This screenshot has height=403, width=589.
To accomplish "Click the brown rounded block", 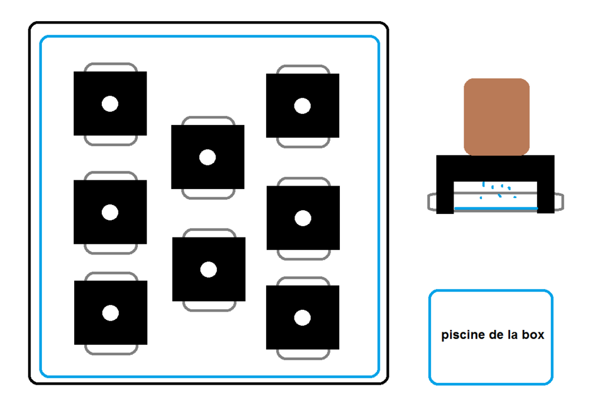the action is point(497,117).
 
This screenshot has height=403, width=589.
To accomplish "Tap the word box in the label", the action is point(533,334).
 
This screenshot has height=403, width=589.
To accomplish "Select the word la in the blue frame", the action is point(512,334).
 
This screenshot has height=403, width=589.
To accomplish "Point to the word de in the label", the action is point(498,334).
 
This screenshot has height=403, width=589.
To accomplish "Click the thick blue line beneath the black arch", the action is point(496,208).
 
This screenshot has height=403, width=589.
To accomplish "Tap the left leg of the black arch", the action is point(445,197).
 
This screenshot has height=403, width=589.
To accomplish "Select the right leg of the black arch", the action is point(546,197).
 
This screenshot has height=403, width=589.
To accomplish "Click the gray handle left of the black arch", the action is point(432,201).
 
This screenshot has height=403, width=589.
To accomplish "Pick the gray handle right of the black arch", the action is point(559,201).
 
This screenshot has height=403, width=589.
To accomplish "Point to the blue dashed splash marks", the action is point(498,190).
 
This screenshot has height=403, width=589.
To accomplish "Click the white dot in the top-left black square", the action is point(110,104).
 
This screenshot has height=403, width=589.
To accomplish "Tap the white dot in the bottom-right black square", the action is point(302,318).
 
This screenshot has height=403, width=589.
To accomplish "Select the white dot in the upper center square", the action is point(207,157).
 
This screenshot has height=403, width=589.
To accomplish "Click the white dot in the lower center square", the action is point(209,269).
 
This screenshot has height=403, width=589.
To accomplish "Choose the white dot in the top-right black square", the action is point(302,105).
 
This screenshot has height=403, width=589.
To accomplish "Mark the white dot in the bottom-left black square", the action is point(111,313).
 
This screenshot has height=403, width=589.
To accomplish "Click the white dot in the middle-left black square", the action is point(110,212).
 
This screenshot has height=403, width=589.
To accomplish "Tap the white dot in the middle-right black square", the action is point(303,218).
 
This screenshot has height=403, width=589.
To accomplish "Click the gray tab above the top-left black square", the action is point(111,64).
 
